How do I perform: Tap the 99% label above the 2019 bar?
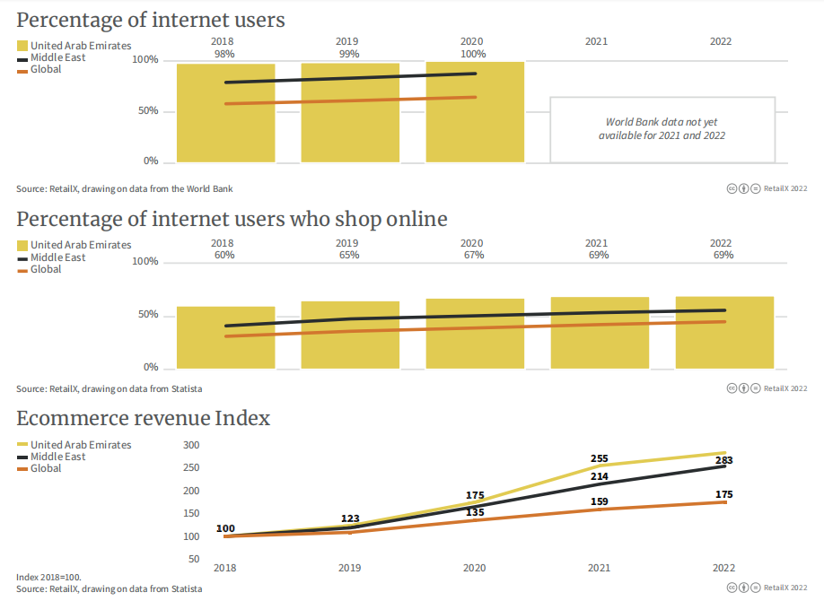pos(348,54)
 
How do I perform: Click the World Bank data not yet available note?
pos(662,129)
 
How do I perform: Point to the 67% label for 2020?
pos(473,255)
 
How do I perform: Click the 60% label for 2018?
pos(224,255)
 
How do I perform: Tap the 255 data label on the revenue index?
pos(599,458)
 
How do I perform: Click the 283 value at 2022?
pos(724,460)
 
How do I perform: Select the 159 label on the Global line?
pos(599,501)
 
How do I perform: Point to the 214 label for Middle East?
pos(599,476)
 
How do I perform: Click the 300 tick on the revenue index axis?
pos(190,445)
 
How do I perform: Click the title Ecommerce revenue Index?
pos(144,418)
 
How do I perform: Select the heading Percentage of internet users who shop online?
pos(232,219)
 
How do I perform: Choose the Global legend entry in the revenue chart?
pos(46,468)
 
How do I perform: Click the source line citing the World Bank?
pos(124,188)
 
